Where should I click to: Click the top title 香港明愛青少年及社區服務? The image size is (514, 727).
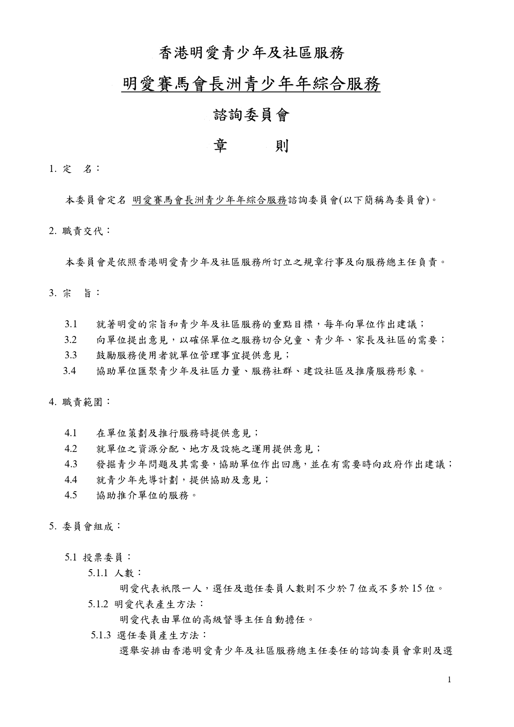(252, 53)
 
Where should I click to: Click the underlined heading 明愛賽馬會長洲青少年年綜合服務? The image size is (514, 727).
(251, 85)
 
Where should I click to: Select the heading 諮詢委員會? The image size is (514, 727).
(251, 116)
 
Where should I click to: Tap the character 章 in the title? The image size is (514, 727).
(220, 146)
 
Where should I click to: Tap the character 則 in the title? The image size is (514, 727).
(282, 146)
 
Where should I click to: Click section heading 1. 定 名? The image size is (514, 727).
(74, 169)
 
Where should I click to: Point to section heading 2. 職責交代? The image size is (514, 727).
(80, 231)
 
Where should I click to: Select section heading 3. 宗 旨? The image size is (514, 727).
(74, 293)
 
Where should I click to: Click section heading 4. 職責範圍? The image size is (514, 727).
(80, 402)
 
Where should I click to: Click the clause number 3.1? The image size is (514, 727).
(71, 324)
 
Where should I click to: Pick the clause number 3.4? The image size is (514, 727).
(70, 371)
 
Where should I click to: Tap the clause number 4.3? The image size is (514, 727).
(71, 464)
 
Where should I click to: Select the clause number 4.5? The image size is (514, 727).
(71, 495)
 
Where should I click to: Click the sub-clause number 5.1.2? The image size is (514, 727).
(98, 604)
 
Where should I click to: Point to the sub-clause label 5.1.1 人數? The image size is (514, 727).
(114, 573)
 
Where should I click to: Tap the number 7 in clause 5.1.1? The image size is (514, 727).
(352, 589)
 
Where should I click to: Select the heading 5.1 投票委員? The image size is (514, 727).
(98, 558)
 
